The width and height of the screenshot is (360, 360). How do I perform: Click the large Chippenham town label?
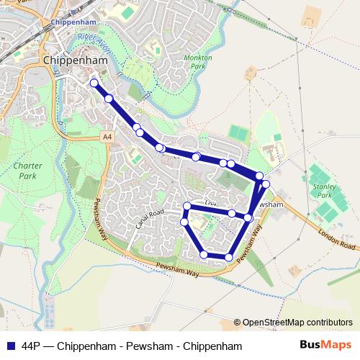click(76, 61)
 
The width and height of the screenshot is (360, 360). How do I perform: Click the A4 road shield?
click(107, 136)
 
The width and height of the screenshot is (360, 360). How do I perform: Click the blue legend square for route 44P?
click(10, 346)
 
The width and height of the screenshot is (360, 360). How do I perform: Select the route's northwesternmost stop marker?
click(94, 84)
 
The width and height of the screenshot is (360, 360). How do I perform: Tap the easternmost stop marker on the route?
click(266, 184)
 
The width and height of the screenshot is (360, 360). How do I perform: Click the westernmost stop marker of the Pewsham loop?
click(184, 222)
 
